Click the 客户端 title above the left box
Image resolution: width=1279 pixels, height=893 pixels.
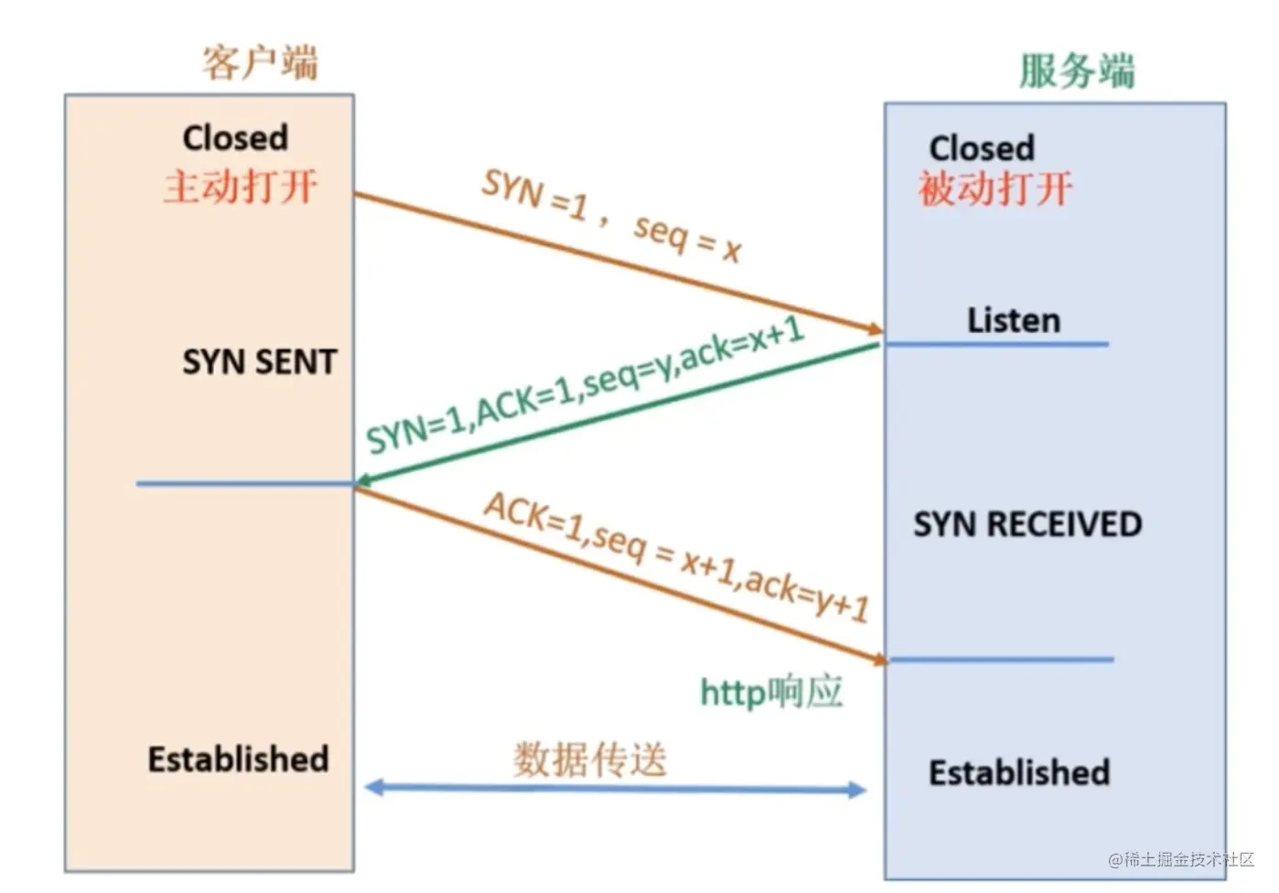pyautogui.click(x=259, y=63)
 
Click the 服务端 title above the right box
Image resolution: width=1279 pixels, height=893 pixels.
pyautogui.click(x=1077, y=71)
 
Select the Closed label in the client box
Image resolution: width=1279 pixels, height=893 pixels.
pyautogui.click(x=235, y=138)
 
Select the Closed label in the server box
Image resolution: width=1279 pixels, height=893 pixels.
pyautogui.click(x=982, y=148)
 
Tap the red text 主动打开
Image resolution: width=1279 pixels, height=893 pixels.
pyautogui.click(x=241, y=187)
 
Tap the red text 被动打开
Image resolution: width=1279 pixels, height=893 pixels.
pyautogui.click(x=995, y=189)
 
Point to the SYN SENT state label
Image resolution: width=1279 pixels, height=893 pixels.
pyautogui.click(x=260, y=362)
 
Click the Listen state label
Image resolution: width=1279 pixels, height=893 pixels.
pyautogui.click(x=1014, y=321)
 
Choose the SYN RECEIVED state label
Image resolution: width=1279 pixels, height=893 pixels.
pyautogui.click(x=1027, y=524)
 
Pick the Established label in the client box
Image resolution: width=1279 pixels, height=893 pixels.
pyautogui.click(x=238, y=759)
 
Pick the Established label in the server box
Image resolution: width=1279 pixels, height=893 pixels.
pyautogui.click(x=1019, y=773)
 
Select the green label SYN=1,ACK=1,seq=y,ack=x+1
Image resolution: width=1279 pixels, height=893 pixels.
pyautogui.click(x=586, y=385)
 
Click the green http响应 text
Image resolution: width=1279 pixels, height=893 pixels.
pyautogui.click(x=771, y=692)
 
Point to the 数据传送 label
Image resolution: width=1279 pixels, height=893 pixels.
pyautogui.click(x=590, y=759)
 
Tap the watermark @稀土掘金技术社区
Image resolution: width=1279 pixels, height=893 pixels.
pyautogui.click(x=1181, y=859)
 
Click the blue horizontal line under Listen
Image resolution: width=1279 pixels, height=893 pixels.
pyautogui.click(x=997, y=345)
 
